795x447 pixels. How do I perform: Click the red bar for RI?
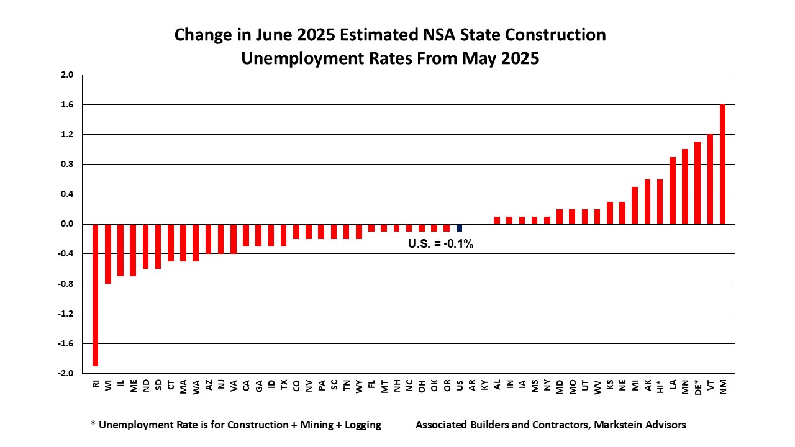[96, 295]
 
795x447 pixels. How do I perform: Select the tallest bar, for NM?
[723, 164]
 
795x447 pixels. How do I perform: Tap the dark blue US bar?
[460, 227]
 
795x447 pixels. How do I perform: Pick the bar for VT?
[711, 179]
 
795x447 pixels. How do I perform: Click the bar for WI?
[108, 253]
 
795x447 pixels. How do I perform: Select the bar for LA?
[673, 190]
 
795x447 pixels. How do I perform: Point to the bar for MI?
[635, 205]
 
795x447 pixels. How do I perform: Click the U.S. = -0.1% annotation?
[440, 245]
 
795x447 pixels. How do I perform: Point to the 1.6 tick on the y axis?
[67, 105]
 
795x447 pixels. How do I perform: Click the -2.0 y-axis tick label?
[66, 374]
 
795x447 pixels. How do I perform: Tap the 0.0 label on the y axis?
[67, 224]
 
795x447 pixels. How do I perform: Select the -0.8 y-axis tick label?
[66, 284]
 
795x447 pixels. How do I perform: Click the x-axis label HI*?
[660, 387]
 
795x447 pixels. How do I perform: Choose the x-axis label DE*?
[698, 387]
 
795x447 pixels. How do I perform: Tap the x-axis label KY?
[484, 386]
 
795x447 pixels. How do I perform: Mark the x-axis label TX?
[284, 386]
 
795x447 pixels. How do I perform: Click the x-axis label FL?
[371, 386]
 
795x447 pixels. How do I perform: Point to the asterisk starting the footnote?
[93, 425]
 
